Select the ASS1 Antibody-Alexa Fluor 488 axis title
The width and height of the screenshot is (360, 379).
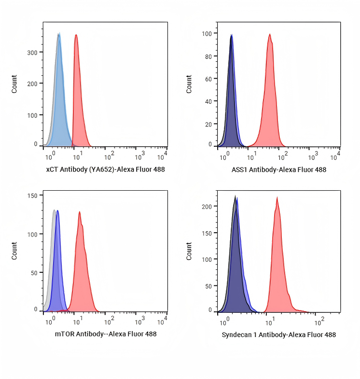pyautogui.click(x=278, y=169)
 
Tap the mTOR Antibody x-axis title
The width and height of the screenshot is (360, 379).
pyautogui.click(x=105, y=334)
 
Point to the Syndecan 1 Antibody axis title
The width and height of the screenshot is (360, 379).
pyautogui.click(x=278, y=335)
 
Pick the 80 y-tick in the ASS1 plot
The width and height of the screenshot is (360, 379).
pyautogui.click(x=208, y=56)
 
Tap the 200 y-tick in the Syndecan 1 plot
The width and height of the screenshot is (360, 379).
pyautogui.click(x=207, y=206)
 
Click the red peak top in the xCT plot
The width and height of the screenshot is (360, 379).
pyautogui.click(x=76, y=35)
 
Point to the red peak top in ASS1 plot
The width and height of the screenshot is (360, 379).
pyautogui.click(x=270, y=34)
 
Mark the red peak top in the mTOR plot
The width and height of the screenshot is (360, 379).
pyautogui.click(x=79, y=212)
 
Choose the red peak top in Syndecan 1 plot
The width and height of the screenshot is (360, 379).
pyautogui.click(x=277, y=197)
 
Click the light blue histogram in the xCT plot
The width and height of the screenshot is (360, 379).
pyautogui.click(x=60, y=97)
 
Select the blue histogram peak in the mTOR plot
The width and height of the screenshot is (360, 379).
pyautogui.click(x=58, y=211)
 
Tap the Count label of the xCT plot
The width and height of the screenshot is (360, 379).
pyautogui.click(x=14, y=84)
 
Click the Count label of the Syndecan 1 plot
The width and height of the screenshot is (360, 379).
pyautogui.click(x=189, y=251)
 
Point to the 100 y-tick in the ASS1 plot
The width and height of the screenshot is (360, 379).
pyautogui.click(x=207, y=34)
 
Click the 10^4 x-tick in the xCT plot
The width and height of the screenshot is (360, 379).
pyautogui.click(x=164, y=156)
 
